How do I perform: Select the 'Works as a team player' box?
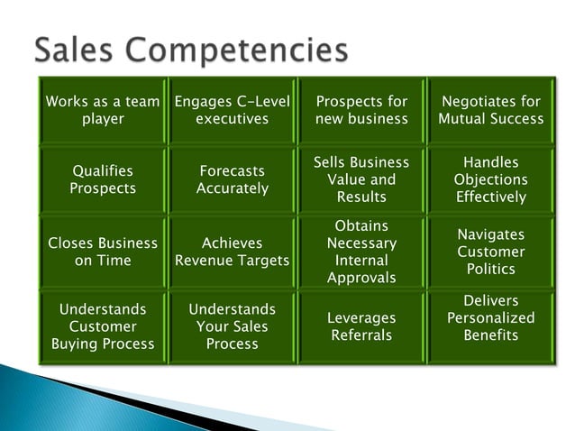pyautogui.click(x=103, y=110)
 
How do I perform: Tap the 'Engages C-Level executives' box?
pyautogui.click(x=233, y=110)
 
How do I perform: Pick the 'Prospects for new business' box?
pyautogui.click(x=361, y=110)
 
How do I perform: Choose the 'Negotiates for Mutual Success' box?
pyautogui.click(x=491, y=110)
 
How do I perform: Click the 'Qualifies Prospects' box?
pyautogui.click(x=103, y=179)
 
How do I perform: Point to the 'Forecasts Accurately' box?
pyautogui.click(x=233, y=179)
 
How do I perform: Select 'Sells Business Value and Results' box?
pyautogui.click(x=361, y=179)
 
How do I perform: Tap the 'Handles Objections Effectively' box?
pyautogui.click(x=491, y=179)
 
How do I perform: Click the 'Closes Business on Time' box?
pyautogui.click(x=103, y=252)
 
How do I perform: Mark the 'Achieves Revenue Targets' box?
pyautogui.click(x=233, y=252)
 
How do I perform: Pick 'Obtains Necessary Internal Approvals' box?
pyautogui.click(x=361, y=252)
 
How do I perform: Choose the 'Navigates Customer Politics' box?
pyautogui.click(x=491, y=252)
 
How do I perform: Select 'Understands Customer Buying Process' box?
pyautogui.click(x=103, y=326)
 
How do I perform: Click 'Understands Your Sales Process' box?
pyautogui.click(x=233, y=326)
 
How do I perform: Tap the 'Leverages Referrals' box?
pyautogui.click(x=361, y=326)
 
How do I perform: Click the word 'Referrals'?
pyautogui.click(x=361, y=335)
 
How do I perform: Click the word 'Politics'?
pyautogui.click(x=491, y=269)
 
